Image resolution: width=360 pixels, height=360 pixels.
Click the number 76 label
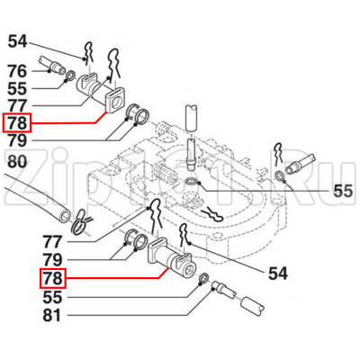pos(17,71)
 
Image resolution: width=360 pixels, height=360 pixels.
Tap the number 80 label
pos(17,162)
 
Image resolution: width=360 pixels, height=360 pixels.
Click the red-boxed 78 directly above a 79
pos(17,122)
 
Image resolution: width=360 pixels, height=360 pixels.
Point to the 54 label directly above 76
pos(17,41)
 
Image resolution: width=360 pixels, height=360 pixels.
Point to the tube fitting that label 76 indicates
pos(49,67)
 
